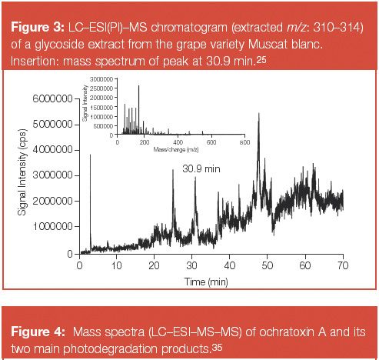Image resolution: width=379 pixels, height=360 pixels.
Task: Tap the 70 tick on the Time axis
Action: [342, 266]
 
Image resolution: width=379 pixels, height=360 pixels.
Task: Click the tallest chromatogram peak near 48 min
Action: [258, 115]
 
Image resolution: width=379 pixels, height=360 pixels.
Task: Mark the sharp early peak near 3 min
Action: [91, 156]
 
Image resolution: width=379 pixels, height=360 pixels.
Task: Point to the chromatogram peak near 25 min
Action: [173, 171]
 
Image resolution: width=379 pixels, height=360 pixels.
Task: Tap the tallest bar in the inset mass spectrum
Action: [138, 88]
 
